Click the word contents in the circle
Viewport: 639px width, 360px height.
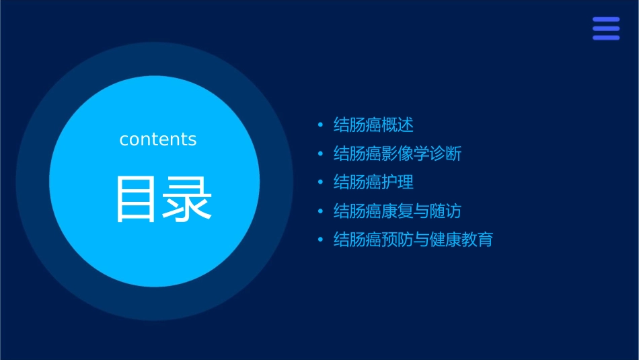[158, 139]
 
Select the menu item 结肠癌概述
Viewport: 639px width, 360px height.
[373, 124]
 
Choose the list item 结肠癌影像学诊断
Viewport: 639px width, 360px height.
[398, 153]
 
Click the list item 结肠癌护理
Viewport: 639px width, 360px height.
[373, 182]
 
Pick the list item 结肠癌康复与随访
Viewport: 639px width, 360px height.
[398, 211]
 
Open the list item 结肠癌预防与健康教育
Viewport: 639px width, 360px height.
[413, 240]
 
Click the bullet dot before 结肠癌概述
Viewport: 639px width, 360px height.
[320, 124]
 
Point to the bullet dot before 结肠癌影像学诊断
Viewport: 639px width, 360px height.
[320, 153]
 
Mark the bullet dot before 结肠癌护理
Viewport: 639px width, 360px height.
[320, 182]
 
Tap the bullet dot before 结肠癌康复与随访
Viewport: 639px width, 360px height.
[320, 211]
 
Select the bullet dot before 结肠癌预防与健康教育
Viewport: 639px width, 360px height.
[320, 240]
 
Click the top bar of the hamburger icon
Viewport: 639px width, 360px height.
[606, 20]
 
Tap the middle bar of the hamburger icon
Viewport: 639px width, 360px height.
[606, 28]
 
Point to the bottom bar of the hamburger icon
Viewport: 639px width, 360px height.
[606, 37]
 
